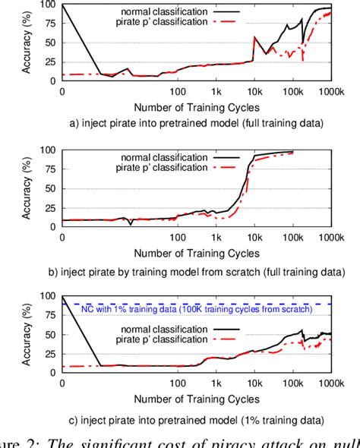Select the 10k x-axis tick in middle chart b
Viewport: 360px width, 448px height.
[x=254, y=237]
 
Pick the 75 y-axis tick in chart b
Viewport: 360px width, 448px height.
[x=49, y=169]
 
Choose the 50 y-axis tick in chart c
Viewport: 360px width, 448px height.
[x=49, y=334]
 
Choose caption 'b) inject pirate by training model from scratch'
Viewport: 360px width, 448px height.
[x=194, y=270]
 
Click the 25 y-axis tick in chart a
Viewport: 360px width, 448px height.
[x=49, y=62]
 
